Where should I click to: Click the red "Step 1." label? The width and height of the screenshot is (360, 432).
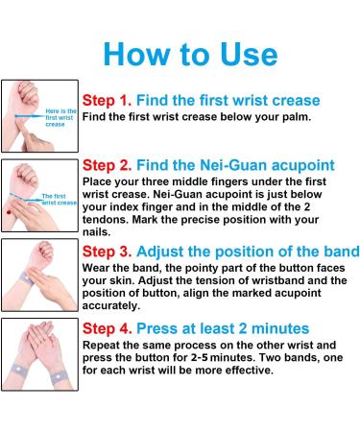pos(108,100)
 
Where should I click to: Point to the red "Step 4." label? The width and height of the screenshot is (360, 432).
pos(108,327)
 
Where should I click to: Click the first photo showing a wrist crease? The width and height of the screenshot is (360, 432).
pos(39,118)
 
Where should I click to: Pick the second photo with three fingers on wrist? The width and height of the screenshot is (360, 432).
pos(39,198)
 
